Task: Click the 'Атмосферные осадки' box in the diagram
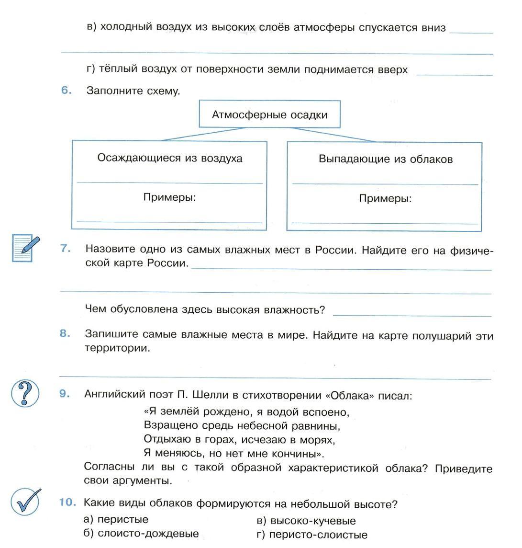tap(269, 114)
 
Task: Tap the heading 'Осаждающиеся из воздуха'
tap(170, 158)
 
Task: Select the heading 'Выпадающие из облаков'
tap(385, 159)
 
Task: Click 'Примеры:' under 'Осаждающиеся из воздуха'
tap(170, 197)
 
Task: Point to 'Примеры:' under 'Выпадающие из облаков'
tap(385, 198)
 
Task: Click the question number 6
tap(66, 91)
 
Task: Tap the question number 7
tap(66, 249)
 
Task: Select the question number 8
tap(65, 334)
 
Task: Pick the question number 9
tap(65, 394)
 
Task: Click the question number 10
tap(67, 502)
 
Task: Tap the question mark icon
tap(25, 394)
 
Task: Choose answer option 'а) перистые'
tap(116, 519)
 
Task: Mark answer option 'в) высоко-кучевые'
tap(306, 521)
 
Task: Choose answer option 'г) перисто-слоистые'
tap(312, 535)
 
